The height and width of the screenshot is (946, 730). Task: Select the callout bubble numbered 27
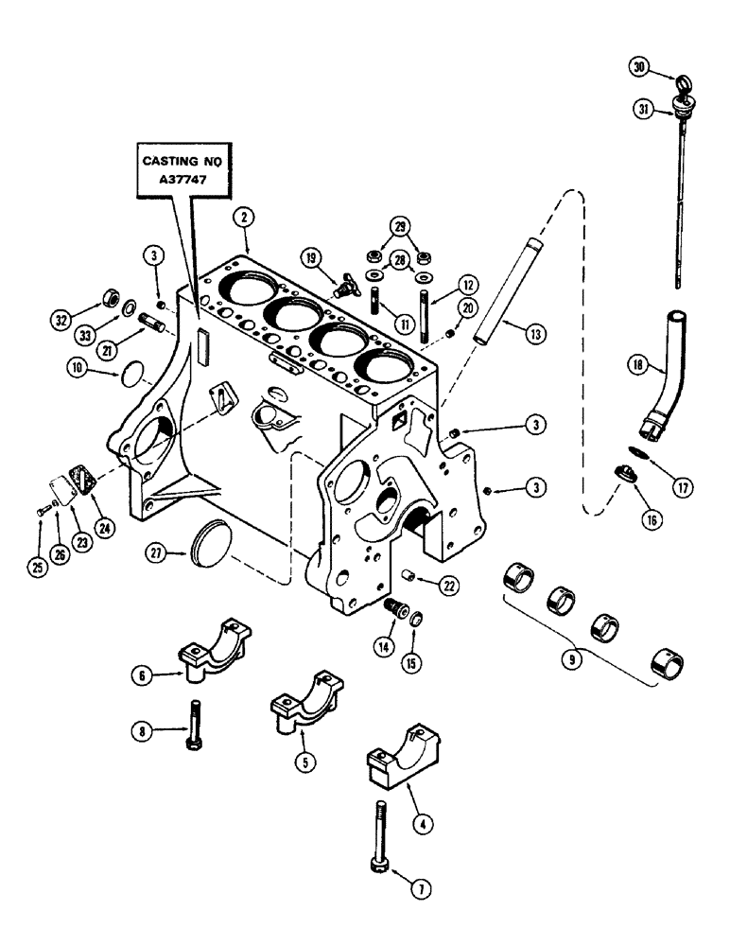(158, 552)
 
